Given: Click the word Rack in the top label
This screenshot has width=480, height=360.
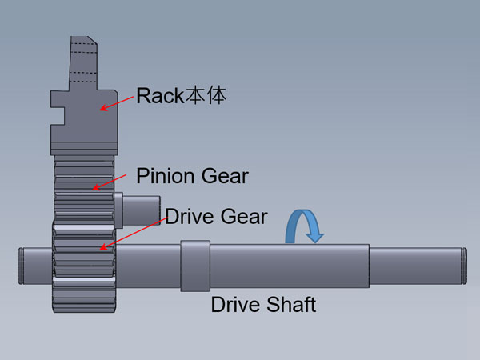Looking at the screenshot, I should [x=160, y=97].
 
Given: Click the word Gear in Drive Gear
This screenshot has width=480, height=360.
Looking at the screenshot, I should [x=242, y=216].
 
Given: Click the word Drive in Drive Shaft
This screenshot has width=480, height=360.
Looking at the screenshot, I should [x=234, y=304].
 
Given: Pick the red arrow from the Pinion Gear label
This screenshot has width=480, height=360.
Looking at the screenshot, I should [x=110, y=181].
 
